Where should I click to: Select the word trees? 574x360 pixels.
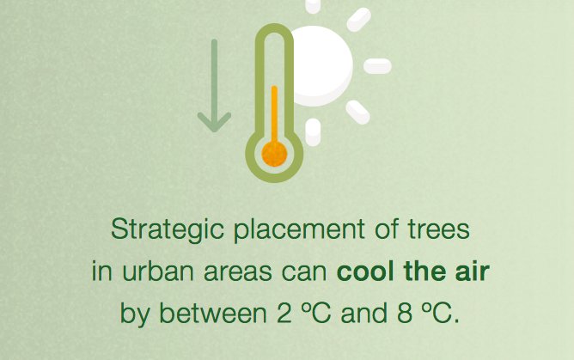coord(437,230)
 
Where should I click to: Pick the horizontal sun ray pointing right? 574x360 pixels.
coord(377,66)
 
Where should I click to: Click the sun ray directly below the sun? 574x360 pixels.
coord(313,131)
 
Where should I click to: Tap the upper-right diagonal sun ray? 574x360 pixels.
coord(358,19)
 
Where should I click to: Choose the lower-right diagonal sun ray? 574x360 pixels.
coord(357,112)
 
